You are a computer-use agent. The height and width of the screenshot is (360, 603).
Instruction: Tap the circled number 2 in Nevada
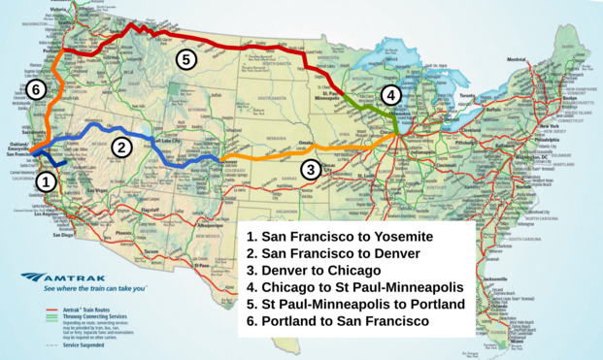tap(121, 147)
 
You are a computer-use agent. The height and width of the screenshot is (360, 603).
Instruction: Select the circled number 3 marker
tap(310, 171)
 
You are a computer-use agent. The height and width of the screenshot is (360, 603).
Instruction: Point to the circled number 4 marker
tap(389, 95)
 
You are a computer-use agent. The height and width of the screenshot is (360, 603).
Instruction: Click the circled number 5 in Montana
tap(186, 59)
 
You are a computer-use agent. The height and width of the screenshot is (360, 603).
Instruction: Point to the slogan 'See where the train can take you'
tap(94, 288)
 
